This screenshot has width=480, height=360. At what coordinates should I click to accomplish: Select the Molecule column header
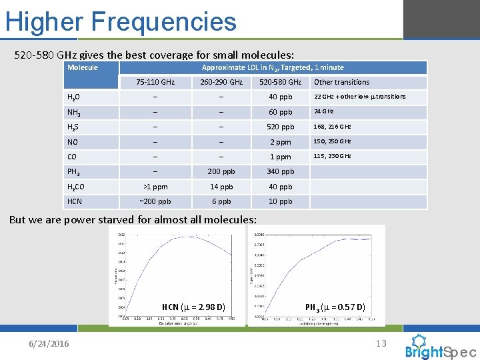point(83,67)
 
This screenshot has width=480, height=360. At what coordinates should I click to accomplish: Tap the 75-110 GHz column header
point(155,82)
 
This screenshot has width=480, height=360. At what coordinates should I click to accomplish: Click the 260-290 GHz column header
point(221,82)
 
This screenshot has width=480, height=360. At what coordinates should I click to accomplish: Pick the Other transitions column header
point(341,82)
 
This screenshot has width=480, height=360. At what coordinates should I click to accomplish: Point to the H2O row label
point(75,97)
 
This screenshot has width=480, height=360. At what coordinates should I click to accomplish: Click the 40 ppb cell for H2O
point(281,97)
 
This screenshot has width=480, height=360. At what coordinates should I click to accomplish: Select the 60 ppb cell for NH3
point(281,112)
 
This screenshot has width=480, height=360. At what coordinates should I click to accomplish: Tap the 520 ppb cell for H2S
point(281,127)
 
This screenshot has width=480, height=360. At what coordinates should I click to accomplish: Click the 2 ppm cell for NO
point(281,142)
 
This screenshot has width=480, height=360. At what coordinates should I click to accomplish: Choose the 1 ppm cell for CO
point(281,157)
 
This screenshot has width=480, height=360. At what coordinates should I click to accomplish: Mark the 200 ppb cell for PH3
point(221,172)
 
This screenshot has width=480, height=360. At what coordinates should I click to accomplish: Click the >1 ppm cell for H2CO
point(155,187)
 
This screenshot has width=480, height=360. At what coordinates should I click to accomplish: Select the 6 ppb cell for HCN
point(221,202)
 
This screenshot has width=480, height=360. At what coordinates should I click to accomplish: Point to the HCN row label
point(75,202)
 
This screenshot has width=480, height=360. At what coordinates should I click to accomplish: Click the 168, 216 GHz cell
point(333,127)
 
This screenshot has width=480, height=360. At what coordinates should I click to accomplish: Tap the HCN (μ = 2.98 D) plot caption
point(193,307)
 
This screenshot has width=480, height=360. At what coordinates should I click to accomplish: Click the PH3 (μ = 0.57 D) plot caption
point(335,307)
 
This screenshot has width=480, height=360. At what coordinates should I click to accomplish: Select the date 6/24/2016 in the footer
point(48,343)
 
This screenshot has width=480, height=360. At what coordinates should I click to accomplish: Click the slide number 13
point(381,343)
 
